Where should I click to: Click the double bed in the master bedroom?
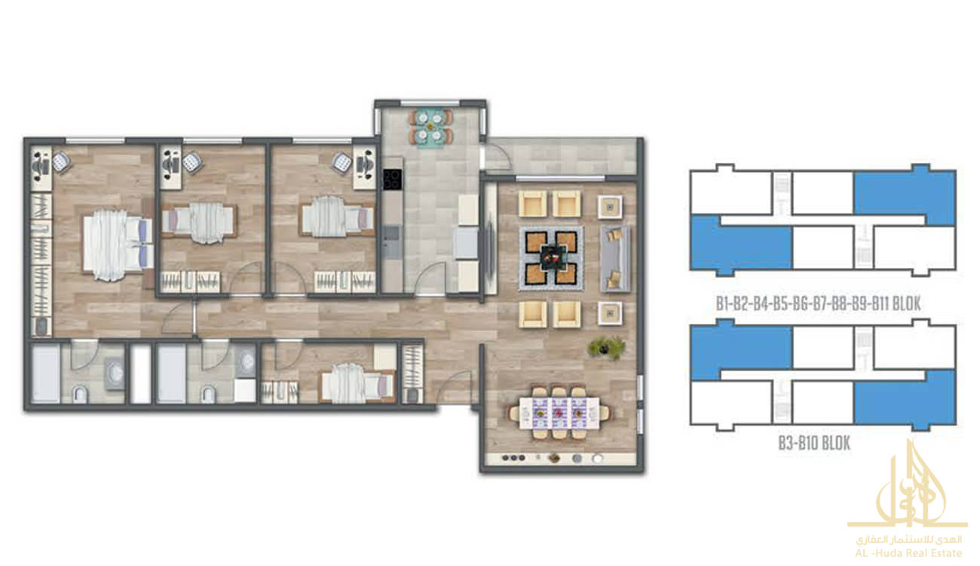click(x=118, y=245)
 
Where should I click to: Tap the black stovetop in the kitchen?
click(x=393, y=180)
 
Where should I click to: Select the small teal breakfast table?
click(x=431, y=127)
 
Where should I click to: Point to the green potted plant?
click(x=606, y=348)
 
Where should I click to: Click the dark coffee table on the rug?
click(x=553, y=257)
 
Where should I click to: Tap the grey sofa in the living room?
click(x=615, y=258)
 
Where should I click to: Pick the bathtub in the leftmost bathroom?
click(x=45, y=374)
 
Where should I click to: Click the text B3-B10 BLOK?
click(x=814, y=443)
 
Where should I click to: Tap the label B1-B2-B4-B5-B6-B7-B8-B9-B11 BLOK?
click(x=818, y=303)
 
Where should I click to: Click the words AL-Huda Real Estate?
click(x=908, y=553)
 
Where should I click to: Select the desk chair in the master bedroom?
click(x=62, y=161)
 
